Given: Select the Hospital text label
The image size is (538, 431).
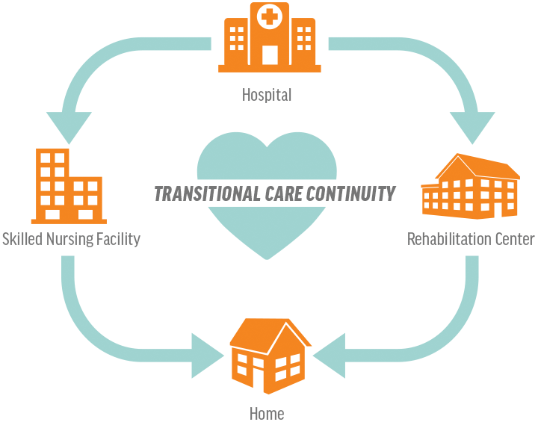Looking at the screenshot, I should pos(267,95).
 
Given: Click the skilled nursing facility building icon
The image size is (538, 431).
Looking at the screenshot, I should pos(67,186).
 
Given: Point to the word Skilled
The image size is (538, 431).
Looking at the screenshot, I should pos(21,239).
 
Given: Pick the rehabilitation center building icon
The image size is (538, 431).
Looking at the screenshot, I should pos(471,186).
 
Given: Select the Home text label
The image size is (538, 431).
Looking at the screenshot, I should pos(267,413).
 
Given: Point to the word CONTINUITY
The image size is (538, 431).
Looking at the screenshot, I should pos(350,194).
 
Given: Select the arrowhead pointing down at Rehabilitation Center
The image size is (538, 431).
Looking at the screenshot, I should pos(471,127).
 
